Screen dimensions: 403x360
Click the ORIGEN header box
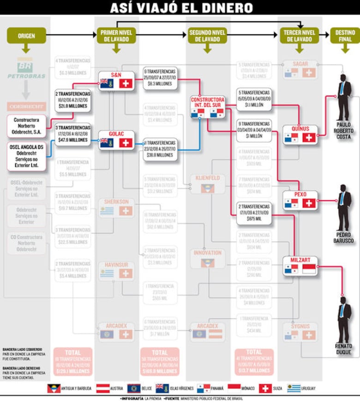click(x=26, y=36)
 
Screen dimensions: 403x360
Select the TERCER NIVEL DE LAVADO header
click(x=299, y=36)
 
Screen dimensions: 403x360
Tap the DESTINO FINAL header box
click(x=345, y=36)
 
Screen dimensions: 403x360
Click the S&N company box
click(x=116, y=80)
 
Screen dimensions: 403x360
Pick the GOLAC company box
click(x=116, y=140)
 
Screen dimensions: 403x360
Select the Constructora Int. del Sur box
click(x=208, y=107)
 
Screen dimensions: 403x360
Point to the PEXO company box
click(x=300, y=200)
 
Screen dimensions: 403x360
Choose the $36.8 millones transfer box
click(x=160, y=149)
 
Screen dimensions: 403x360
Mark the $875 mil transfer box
click(x=254, y=213)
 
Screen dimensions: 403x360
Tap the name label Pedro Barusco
click(x=344, y=237)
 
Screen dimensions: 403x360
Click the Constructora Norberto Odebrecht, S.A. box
click(x=27, y=126)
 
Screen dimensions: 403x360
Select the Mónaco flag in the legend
click(x=234, y=388)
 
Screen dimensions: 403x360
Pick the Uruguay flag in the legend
click(x=294, y=388)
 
